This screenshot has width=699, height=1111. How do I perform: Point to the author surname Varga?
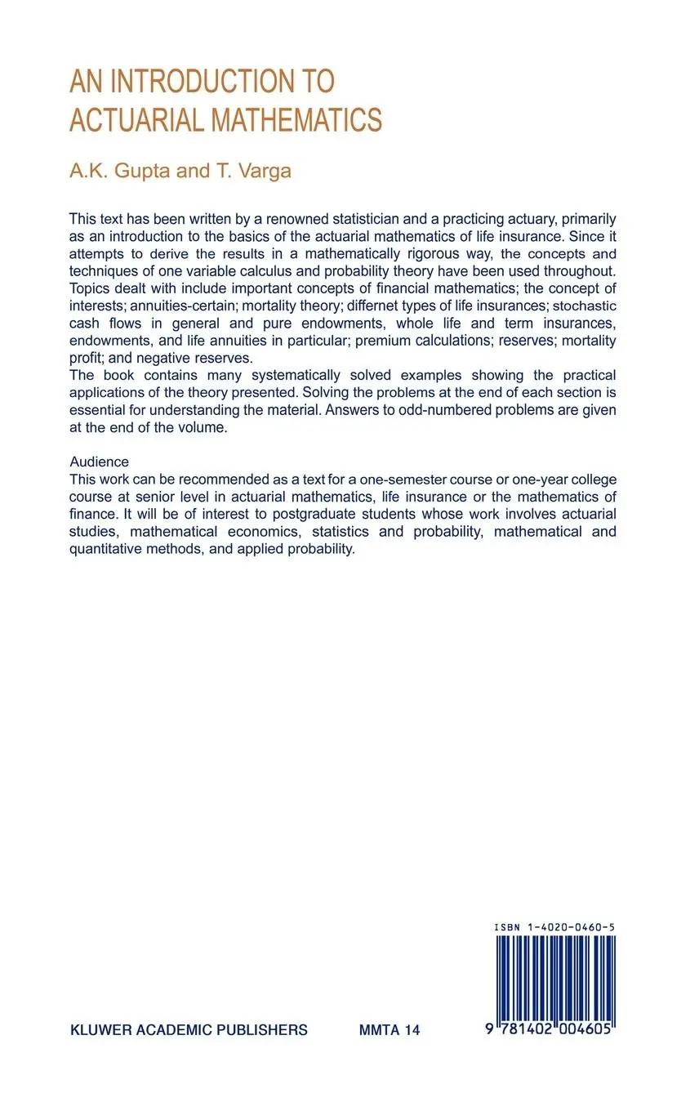click(264, 171)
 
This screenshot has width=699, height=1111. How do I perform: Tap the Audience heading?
click(99, 462)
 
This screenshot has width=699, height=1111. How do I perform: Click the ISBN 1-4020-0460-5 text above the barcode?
click(554, 927)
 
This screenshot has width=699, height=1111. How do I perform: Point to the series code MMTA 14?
click(390, 1030)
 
